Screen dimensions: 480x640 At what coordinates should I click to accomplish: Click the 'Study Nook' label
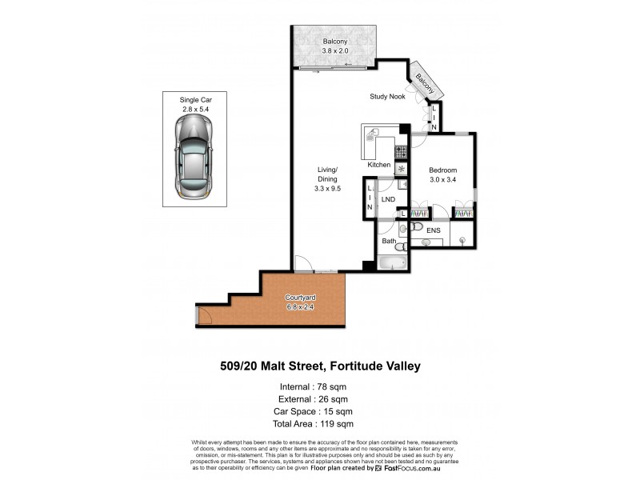[388, 97]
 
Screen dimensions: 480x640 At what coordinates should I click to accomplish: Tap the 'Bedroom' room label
[442, 170]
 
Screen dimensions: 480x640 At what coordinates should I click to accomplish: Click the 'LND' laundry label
[389, 199]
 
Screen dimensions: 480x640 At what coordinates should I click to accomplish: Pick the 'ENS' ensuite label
[433, 230]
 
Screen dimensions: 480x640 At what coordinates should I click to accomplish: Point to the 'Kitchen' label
[379, 165]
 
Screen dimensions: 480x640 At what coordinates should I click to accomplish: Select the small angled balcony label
[424, 84]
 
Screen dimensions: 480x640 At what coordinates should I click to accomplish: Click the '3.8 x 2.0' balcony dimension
[334, 51]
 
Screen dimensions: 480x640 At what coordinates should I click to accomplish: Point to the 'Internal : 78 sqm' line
[320, 387]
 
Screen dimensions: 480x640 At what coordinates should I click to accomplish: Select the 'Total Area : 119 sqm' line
[320, 424]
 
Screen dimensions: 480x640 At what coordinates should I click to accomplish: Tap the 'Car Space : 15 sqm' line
[320, 412]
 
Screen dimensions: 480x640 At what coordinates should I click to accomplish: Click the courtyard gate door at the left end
[203, 317]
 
